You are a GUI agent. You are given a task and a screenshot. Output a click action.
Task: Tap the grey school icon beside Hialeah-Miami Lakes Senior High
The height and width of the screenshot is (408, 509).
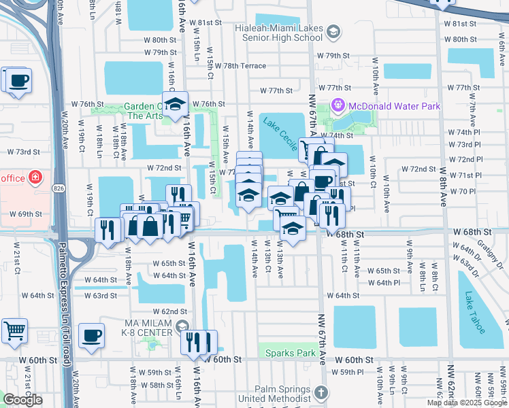coord(333,31)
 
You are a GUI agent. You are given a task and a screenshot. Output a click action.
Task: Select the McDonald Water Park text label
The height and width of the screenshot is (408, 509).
coord(394,106)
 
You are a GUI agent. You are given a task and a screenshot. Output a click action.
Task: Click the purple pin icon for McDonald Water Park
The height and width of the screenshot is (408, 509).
coord(338,106)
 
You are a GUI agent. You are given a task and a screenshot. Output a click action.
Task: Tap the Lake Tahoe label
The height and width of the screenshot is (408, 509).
coord(476,312)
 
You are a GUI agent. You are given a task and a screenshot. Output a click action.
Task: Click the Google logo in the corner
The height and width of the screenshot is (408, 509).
coord(22,400)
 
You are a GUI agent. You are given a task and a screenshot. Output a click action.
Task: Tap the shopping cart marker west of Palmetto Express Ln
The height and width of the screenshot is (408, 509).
coord(14,331)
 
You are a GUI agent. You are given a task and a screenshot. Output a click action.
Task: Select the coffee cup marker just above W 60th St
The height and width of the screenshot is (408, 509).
coord(92,335)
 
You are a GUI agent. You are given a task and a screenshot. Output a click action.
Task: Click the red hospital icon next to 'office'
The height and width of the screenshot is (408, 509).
coord(35,178)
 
